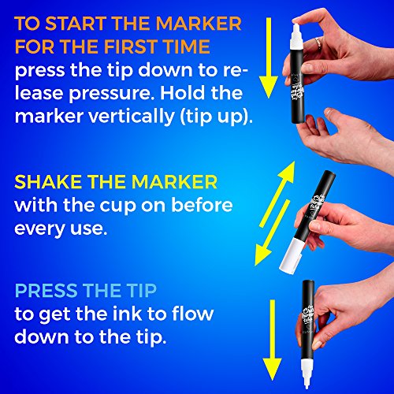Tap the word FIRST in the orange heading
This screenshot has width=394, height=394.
(131, 46)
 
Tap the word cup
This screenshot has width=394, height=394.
(118, 206)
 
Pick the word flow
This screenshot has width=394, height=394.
(192, 314)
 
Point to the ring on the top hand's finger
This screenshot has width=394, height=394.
(318, 43)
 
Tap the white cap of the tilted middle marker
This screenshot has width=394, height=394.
(292, 255)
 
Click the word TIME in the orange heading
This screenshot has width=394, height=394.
(186, 46)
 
